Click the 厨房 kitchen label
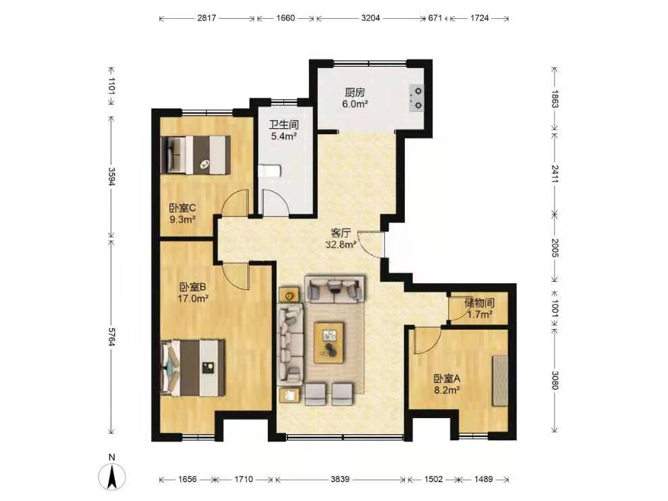coord(355,92)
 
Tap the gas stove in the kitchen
coord(416,98)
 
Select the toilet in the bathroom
coord(269,171)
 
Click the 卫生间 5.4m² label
coord(283,130)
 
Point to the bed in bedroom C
coord(196,154)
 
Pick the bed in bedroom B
coord(193,367)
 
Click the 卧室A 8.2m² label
coord(447,384)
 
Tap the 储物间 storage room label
coord(479,303)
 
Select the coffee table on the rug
coord(329,343)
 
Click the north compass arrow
coord(112,477)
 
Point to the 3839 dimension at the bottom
coord(340,479)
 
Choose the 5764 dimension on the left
coord(111,336)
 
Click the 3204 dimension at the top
coord(370,18)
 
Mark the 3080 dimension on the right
coord(555,380)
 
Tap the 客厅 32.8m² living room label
coord(341,239)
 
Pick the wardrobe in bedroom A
coord(501,380)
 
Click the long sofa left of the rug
coord(291,342)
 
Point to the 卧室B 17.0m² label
coord(192,293)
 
